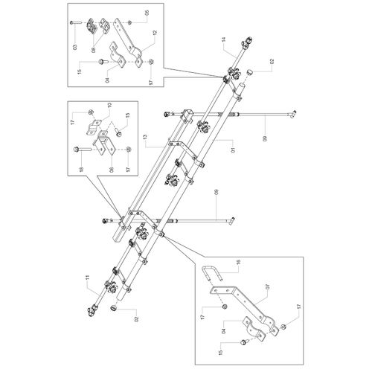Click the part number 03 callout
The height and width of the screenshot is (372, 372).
(x=75, y=46)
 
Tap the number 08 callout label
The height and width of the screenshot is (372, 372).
(x=93, y=50)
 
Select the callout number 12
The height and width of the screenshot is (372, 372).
(x=155, y=33)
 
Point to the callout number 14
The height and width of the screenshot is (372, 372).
(x=224, y=39)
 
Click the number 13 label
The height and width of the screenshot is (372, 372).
(x=145, y=137)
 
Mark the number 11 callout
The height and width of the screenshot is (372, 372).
(x=87, y=279)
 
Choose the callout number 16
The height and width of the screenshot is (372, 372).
(x=239, y=262)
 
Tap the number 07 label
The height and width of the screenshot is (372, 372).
(x=267, y=287)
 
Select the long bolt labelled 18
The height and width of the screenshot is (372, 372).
(x=82, y=150)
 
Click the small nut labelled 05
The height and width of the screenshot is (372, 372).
(x=129, y=23)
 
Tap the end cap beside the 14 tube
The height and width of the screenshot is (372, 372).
(x=249, y=72)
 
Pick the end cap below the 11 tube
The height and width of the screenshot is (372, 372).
(x=114, y=308)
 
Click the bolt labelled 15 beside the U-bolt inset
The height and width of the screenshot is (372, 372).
(x=243, y=343)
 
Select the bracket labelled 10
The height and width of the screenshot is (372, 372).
(x=94, y=126)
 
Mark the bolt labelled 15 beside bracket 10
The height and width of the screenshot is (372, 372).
(x=119, y=134)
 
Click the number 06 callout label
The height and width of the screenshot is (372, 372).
(x=112, y=170)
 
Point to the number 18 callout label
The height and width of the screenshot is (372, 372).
(x=81, y=169)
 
